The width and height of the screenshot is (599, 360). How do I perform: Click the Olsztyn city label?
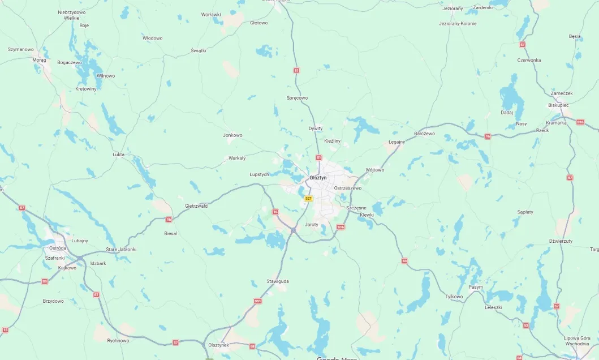[318, 178]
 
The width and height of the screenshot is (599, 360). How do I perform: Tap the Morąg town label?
[39, 59]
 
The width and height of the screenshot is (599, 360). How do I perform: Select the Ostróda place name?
[57, 248]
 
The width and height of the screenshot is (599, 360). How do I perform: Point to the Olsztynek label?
[218, 345]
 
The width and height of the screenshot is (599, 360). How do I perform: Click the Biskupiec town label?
[558, 105]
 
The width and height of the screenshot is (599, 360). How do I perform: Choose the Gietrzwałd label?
[196, 206]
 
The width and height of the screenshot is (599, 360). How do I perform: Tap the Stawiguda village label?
[278, 281]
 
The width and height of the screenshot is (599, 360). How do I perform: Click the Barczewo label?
[424, 134]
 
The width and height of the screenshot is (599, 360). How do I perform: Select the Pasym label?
[476, 287]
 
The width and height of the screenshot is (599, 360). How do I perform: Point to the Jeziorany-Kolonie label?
[458, 24]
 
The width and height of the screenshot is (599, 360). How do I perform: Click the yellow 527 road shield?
[308, 199]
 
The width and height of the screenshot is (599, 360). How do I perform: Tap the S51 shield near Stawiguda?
[258, 301]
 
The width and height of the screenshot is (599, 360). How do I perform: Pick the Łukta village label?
[118, 154]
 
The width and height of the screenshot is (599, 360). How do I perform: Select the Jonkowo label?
[232, 135]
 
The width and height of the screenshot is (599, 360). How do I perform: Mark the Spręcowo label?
[297, 98]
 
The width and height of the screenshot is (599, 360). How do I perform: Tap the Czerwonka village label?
[529, 60]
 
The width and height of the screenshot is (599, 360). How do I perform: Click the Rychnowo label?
[118, 340]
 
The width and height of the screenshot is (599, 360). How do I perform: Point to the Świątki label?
[199, 50]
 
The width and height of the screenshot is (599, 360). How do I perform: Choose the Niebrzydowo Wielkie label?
[71, 15]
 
